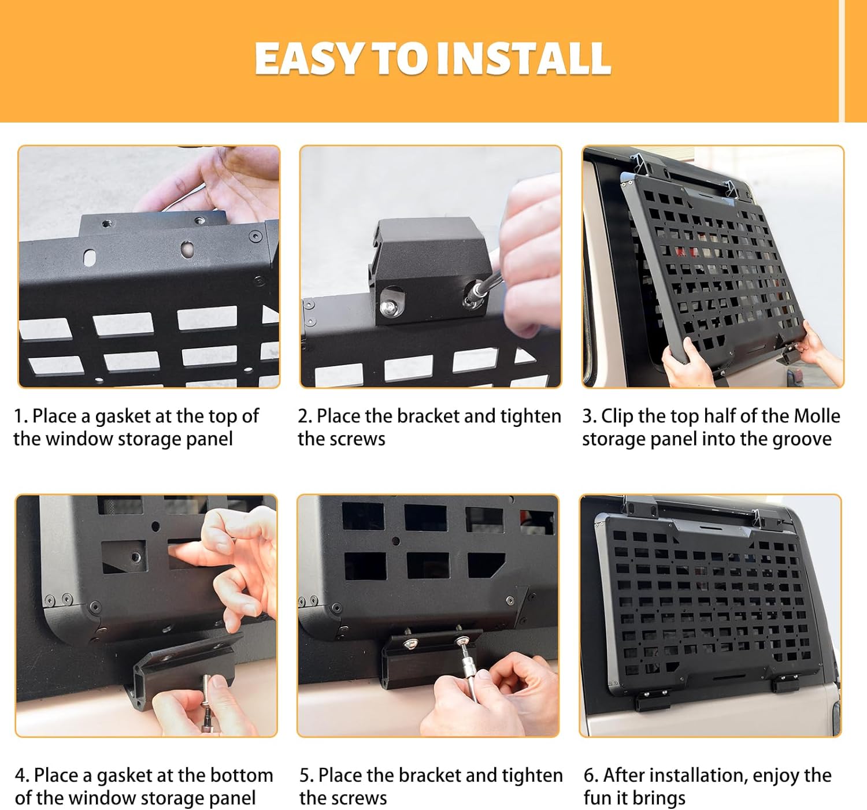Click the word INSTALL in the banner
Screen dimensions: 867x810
524,58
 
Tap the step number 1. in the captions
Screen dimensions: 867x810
20,416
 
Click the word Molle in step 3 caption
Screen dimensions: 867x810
817,416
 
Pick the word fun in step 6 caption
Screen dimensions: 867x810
595,798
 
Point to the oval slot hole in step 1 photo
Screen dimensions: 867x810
89,258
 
